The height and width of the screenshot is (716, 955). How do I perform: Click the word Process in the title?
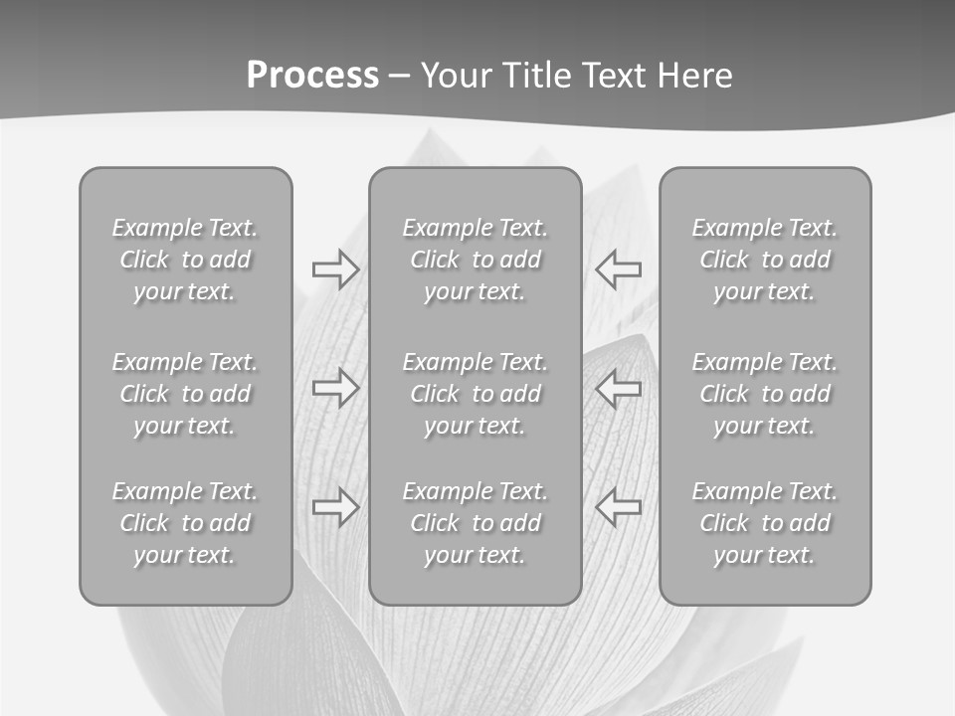[x=312, y=76]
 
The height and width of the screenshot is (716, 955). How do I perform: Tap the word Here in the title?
[x=695, y=76]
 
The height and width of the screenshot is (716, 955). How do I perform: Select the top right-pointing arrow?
[x=335, y=269]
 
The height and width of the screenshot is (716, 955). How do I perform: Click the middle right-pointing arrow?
[x=335, y=388]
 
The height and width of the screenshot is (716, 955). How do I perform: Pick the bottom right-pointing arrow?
[x=335, y=507]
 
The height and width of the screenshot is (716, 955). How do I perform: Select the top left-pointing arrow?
[x=619, y=269]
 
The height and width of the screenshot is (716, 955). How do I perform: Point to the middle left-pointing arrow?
[x=619, y=388]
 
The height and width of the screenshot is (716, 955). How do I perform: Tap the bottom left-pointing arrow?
[x=619, y=507]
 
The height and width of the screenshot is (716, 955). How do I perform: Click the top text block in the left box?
[x=185, y=260]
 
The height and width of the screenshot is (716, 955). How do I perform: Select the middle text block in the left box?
[x=185, y=394]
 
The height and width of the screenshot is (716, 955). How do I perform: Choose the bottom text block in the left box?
[x=185, y=523]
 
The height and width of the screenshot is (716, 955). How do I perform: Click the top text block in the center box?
[x=475, y=260]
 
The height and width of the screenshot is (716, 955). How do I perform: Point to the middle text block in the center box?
[x=475, y=394]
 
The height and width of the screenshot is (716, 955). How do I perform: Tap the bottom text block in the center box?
[x=475, y=523]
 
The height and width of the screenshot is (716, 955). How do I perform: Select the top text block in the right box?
[x=765, y=260]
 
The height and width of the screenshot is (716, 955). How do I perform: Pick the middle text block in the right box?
[x=765, y=394]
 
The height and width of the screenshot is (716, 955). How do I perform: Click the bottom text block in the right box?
[x=765, y=523]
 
